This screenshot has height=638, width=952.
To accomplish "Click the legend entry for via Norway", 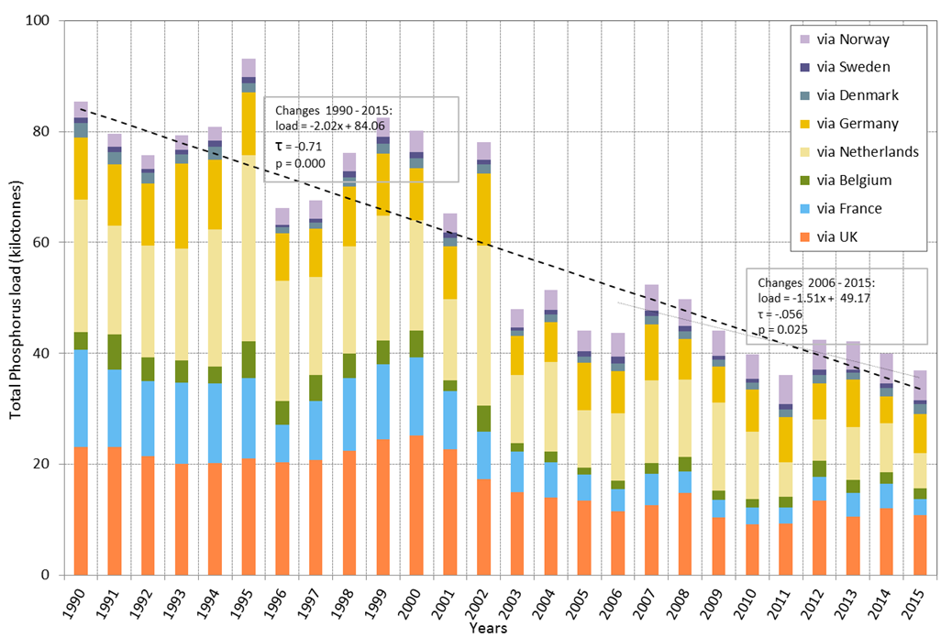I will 852,39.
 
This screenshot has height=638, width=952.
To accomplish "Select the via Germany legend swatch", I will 804,124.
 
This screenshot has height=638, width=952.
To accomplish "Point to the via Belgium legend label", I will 852,181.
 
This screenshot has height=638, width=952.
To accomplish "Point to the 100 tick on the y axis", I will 40,20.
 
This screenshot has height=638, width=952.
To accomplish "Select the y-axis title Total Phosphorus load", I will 16,299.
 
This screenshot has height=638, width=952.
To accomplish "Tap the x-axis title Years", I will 485,629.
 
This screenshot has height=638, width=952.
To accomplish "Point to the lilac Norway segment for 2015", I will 921,385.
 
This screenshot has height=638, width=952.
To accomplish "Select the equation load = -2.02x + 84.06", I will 327,126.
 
